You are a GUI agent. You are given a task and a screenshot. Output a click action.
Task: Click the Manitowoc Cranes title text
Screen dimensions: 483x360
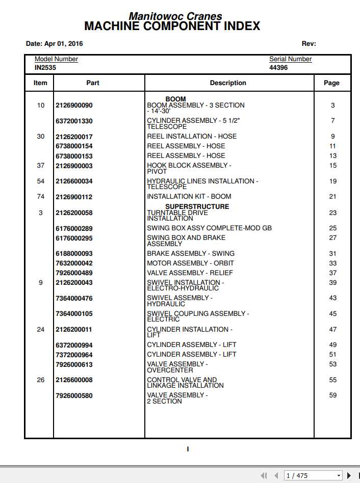[175, 16]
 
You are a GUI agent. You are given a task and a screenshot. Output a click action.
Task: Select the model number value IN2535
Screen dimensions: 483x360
[45, 67]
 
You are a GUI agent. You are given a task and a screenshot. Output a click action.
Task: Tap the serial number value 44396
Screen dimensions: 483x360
[278, 67]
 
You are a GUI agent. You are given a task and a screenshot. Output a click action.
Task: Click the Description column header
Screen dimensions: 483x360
[228, 83]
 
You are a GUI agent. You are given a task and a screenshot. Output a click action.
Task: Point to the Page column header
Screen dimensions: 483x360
[331, 83]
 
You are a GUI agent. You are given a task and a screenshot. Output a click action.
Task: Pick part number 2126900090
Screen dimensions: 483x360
[74, 105]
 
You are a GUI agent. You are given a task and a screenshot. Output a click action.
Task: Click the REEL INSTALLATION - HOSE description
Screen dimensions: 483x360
[192, 137]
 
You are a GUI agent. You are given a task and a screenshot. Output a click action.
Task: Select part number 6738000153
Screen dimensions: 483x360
[74, 156]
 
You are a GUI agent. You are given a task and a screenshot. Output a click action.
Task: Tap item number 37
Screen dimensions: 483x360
[41, 166]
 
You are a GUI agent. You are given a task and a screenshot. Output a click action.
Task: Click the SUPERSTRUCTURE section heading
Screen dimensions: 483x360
[197, 206]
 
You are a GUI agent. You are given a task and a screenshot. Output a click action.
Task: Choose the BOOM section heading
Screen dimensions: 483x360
[175, 99]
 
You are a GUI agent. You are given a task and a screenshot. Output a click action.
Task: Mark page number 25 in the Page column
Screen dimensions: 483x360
[333, 228]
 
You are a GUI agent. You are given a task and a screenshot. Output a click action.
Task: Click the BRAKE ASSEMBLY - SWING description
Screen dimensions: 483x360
[191, 253]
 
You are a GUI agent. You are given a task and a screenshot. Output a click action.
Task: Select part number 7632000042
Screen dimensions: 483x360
[74, 263]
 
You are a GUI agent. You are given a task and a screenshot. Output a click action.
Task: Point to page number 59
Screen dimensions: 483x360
[333, 395]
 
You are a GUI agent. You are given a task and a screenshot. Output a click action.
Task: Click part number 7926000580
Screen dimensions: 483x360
[74, 395]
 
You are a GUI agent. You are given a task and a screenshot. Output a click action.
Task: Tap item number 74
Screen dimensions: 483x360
[41, 197]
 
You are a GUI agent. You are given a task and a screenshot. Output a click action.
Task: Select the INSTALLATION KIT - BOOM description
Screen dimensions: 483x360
[189, 197]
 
